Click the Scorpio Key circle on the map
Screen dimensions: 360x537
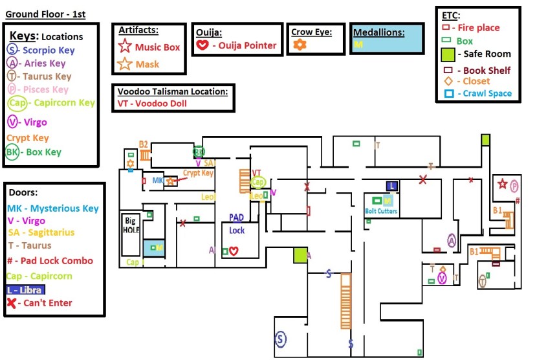(280, 338)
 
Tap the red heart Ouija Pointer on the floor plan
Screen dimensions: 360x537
(234, 251)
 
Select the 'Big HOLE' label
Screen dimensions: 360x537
(131, 226)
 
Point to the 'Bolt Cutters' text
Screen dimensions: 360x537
(381, 211)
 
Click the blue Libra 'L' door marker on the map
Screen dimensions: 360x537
(391, 185)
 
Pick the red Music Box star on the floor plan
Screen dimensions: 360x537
(503, 185)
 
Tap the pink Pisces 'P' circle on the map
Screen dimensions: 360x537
(515, 186)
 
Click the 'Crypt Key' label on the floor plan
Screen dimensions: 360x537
(198, 173)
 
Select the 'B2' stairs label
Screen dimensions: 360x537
(144, 144)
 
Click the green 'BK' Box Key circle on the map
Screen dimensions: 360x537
(199, 152)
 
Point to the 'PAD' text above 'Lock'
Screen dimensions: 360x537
(236, 218)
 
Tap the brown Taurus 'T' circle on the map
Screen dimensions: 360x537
(483, 280)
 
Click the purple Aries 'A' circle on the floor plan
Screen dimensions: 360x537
(452, 240)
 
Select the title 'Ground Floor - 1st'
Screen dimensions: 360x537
(45, 14)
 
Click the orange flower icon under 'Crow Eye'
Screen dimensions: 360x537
(299, 45)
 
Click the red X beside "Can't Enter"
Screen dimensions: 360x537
(12, 302)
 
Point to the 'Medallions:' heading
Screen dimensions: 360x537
(378, 32)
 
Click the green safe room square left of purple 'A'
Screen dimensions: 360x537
(300, 255)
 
